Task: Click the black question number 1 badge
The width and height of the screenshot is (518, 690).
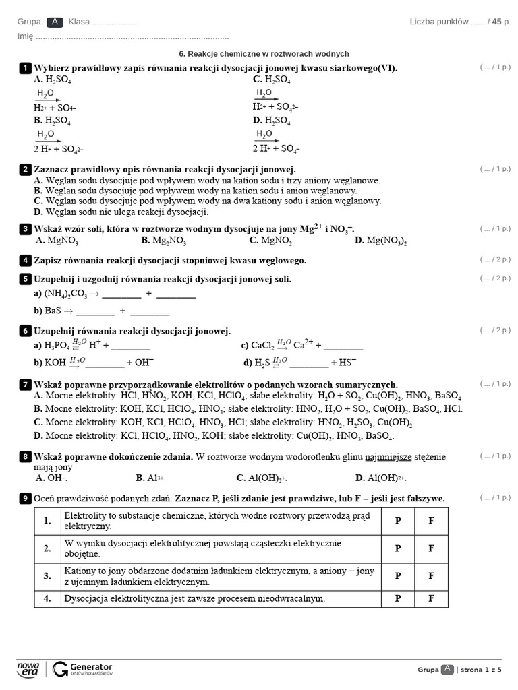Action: tap(26, 68)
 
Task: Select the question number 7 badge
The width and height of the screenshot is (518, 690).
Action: tap(26, 384)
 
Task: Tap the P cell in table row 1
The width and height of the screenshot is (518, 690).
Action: tap(398, 521)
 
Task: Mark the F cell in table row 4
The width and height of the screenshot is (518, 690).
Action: tap(431, 598)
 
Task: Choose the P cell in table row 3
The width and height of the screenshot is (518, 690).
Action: tap(398, 576)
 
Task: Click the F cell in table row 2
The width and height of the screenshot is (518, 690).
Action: tap(431, 548)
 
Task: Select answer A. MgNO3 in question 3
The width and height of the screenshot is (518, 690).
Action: tap(56, 240)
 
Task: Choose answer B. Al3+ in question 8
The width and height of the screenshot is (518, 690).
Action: tap(150, 478)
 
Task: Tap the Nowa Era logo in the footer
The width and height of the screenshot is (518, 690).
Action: tap(28, 668)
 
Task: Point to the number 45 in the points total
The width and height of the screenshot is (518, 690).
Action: tap(496, 22)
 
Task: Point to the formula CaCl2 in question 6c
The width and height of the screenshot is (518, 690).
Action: tap(262, 346)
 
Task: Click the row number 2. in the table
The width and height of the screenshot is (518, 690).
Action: tap(47, 548)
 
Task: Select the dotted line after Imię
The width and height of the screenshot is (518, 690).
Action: tap(132, 37)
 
